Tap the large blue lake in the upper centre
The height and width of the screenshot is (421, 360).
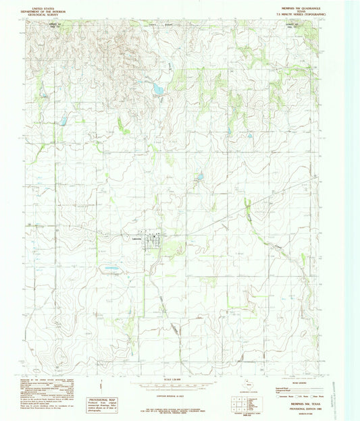coord(157,88)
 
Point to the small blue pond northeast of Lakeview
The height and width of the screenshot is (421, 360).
coord(199,178)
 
